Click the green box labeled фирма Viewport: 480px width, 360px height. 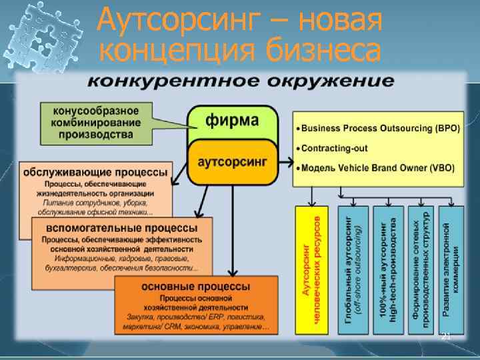(x=232, y=122)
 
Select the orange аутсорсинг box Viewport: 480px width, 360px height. (x=232, y=162)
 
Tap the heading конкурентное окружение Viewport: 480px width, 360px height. (x=241, y=82)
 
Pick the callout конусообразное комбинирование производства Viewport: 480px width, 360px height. (x=97, y=123)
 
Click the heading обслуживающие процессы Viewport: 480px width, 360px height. (x=95, y=172)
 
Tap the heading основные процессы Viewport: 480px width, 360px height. (x=196, y=286)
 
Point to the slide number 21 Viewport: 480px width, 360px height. (x=446, y=337)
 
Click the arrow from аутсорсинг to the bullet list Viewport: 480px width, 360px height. (x=285, y=161)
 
